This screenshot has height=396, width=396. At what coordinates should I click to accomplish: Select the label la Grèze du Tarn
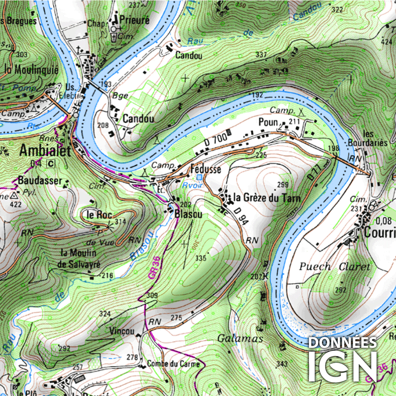coord(267,198)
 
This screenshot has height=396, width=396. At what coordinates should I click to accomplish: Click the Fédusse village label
coord(206,169)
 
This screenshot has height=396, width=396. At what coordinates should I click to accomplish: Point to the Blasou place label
coord(188,215)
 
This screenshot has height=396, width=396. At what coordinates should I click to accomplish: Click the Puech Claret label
coord(335,267)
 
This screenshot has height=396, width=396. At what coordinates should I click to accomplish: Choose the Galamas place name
coord(240,339)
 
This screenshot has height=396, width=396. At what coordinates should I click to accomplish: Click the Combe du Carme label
coord(173,364)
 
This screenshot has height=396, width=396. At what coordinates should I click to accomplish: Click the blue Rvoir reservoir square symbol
coord(200,177)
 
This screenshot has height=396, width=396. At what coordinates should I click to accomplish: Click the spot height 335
coord(201,258)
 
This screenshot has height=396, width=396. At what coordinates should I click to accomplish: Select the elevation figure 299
coord(283,185)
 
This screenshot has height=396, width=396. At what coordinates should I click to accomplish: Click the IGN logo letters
coord(343,366)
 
